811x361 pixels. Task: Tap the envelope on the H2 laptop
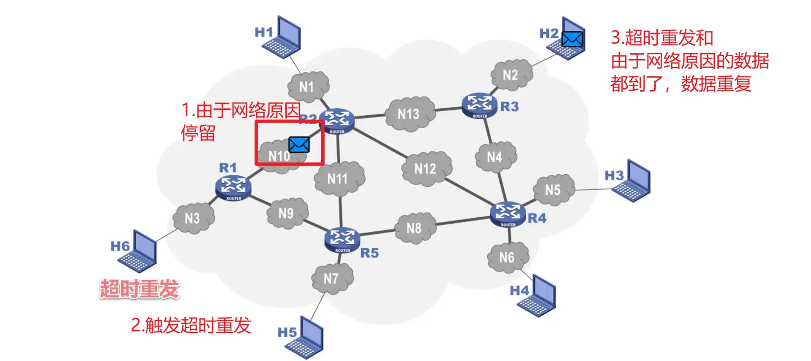click(572, 39)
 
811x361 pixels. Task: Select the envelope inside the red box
click(299, 144)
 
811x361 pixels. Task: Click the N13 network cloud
click(408, 114)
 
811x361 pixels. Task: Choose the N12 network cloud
click(425, 169)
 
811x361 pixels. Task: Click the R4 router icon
click(507, 214)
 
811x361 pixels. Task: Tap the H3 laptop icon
click(632, 181)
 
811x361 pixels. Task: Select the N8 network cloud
click(414, 228)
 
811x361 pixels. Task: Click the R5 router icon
click(342, 240)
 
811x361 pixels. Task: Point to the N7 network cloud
click(332, 279)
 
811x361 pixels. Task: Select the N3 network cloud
click(193, 218)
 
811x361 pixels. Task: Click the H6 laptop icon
click(138, 251)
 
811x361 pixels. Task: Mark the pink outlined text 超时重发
click(139, 289)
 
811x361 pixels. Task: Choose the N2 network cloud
click(510, 75)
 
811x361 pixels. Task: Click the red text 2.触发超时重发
click(191, 326)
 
